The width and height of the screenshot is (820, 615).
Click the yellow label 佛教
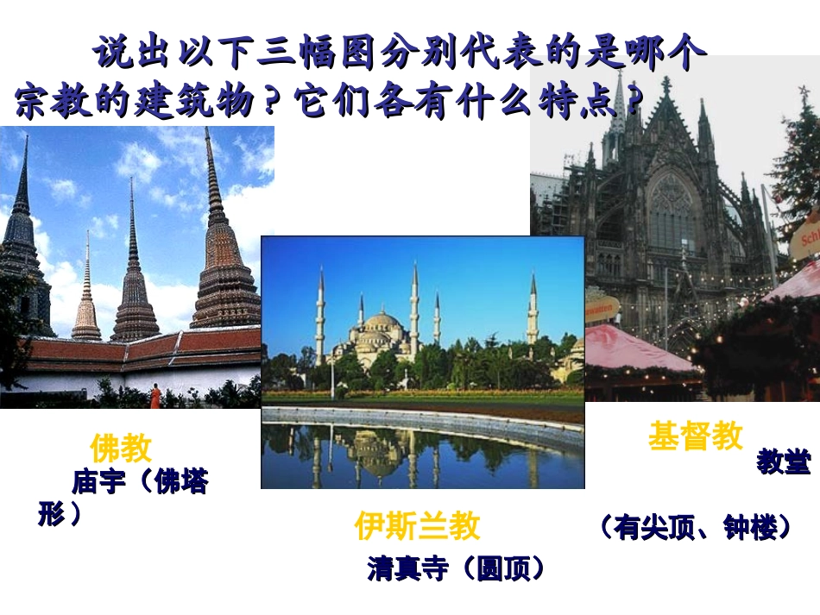[x=122, y=448]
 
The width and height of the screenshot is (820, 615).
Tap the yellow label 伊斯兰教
[x=417, y=525]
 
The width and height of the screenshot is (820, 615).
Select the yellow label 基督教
[x=695, y=436]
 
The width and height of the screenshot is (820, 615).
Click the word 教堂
[x=784, y=462]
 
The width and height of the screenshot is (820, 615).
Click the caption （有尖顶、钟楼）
[x=694, y=528]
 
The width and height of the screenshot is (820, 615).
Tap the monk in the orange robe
[x=155, y=396]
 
